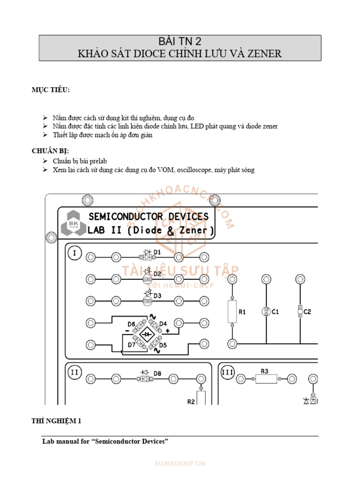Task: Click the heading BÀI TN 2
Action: tap(180, 41)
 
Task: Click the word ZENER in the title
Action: tap(264, 53)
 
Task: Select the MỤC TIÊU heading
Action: tap(51, 90)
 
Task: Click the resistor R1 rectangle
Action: tap(232, 312)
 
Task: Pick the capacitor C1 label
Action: tap(275, 312)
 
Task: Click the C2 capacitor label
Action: tap(307, 311)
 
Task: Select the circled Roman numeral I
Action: tap(74, 253)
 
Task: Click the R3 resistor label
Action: tap(264, 371)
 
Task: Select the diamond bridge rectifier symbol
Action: tap(147, 334)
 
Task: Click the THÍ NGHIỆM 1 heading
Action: tap(57, 421)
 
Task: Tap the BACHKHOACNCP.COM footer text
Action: tap(180, 464)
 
